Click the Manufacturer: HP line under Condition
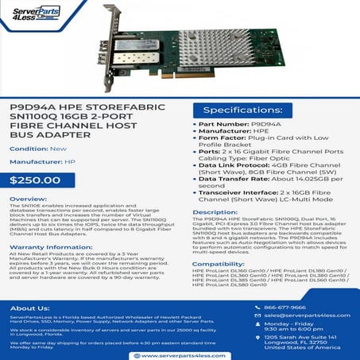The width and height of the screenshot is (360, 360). tap(42, 164)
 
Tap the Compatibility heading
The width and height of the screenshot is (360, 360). tap(218, 262)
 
